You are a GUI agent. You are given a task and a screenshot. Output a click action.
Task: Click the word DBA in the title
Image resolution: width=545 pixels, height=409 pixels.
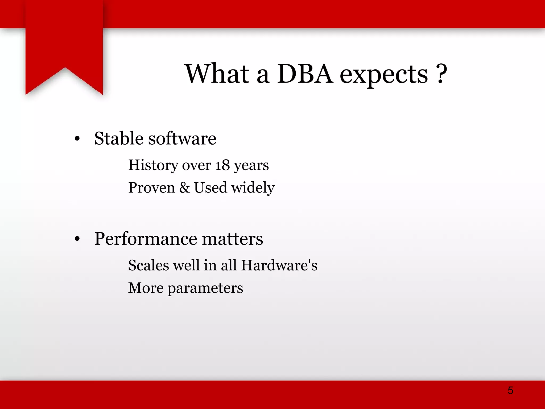305,74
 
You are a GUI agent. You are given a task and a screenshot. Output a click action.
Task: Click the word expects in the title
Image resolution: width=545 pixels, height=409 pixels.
384,76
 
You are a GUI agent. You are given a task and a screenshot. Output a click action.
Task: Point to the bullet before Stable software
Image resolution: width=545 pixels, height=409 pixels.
77,139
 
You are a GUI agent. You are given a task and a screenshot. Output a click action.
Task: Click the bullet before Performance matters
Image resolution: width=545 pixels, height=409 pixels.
77,239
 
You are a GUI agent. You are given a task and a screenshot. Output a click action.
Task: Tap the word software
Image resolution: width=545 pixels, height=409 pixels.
182,138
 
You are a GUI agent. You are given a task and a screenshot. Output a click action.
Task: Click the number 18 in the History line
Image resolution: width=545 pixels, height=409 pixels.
222,165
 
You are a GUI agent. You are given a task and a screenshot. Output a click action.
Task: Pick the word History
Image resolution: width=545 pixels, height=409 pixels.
153,166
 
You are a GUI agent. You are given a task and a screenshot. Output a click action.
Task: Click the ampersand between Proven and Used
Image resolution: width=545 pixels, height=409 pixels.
184,187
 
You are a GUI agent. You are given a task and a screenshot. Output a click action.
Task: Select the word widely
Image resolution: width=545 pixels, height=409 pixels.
253,188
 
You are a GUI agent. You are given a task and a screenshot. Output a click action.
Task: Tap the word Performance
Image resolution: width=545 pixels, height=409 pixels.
146,239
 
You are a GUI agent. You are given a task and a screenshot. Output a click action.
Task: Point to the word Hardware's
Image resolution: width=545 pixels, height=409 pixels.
279,265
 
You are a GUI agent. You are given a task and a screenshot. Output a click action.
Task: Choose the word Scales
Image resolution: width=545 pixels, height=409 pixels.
148,265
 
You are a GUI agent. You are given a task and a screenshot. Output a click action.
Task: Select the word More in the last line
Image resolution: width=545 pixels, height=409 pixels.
146,288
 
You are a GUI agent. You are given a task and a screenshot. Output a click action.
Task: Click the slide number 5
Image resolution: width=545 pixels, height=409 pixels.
510,390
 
